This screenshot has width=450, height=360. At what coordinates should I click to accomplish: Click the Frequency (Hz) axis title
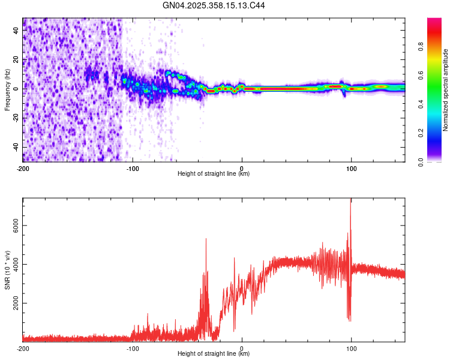point(8,90)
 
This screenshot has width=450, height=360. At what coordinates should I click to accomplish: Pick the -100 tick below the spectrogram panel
point(133,167)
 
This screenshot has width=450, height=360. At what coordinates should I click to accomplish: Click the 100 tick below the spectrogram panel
point(351,167)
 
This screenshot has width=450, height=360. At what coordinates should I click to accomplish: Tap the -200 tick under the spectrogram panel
point(23,167)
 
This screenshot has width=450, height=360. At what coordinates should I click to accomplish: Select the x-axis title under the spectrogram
point(214,174)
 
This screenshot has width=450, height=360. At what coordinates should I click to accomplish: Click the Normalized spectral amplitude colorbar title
point(445,90)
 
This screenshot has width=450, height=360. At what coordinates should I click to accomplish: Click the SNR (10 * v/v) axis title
point(8,270)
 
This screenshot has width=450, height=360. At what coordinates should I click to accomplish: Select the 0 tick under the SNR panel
point(242,349)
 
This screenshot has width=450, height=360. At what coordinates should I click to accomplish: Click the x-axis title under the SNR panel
point(214,355)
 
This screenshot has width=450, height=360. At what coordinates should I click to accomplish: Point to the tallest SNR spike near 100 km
point(350,200)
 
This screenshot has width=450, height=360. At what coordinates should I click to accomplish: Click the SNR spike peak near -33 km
point(206,239)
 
